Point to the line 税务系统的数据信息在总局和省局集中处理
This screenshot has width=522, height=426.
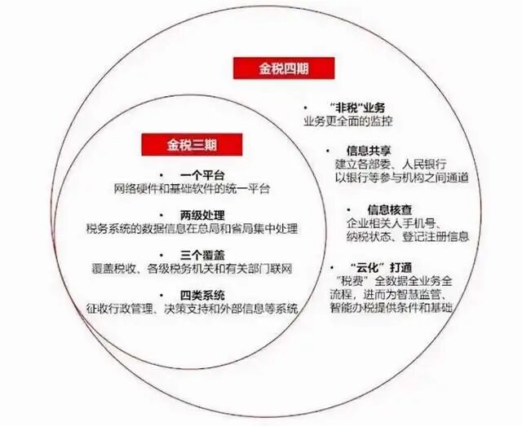coord(192,229)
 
